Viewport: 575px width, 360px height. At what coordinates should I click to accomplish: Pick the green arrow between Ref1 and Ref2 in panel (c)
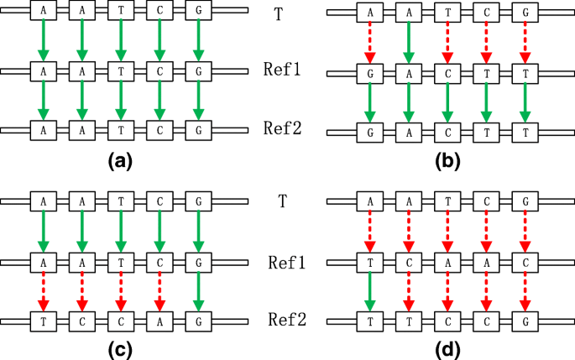[198, 290]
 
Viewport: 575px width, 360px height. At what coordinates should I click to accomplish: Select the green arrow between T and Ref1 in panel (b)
[407, 42]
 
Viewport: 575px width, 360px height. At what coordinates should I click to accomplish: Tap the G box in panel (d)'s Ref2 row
[525, 321]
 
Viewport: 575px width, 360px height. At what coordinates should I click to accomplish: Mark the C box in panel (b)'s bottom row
[447, 133]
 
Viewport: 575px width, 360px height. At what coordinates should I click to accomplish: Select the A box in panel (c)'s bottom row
[159, 321]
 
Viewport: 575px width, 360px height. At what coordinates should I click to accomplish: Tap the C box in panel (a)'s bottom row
[159, 130]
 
